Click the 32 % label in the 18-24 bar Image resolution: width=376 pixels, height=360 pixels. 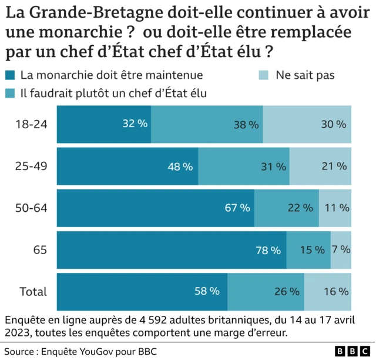coord(135,124)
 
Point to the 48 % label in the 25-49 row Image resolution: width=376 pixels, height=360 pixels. coord(180,166)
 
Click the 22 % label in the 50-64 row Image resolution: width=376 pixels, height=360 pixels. coord(300,208)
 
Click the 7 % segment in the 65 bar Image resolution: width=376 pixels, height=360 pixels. coord(341,250)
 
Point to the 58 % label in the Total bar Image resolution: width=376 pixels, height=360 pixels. coord(207,291)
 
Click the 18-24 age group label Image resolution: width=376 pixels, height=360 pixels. coord(31,124)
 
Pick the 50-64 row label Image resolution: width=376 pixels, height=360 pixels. coord(31,208)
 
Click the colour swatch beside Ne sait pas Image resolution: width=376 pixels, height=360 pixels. coord(264,75)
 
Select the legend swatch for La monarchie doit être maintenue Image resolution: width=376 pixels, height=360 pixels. coord(11,75)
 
